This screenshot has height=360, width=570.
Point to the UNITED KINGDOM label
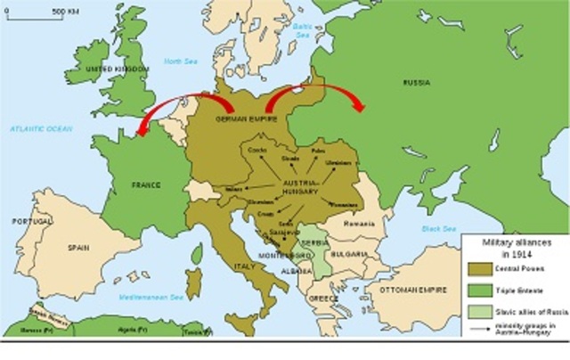pyautogui.click(x=111, y=69)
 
